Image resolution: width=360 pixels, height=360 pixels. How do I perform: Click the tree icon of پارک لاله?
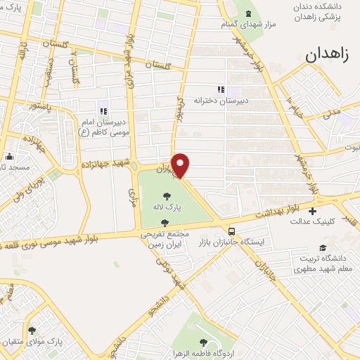(167, 197)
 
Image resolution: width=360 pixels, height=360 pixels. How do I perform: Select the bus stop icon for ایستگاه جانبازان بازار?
(231, 230)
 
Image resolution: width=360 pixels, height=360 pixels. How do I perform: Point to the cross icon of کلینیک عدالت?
(313, 210)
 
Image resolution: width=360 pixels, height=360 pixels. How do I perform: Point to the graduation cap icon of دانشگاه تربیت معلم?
(323, 247)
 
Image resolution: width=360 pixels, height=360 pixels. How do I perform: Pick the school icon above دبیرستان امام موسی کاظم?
(103, 110)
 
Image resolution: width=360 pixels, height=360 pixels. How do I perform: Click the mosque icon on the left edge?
(9, 157)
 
